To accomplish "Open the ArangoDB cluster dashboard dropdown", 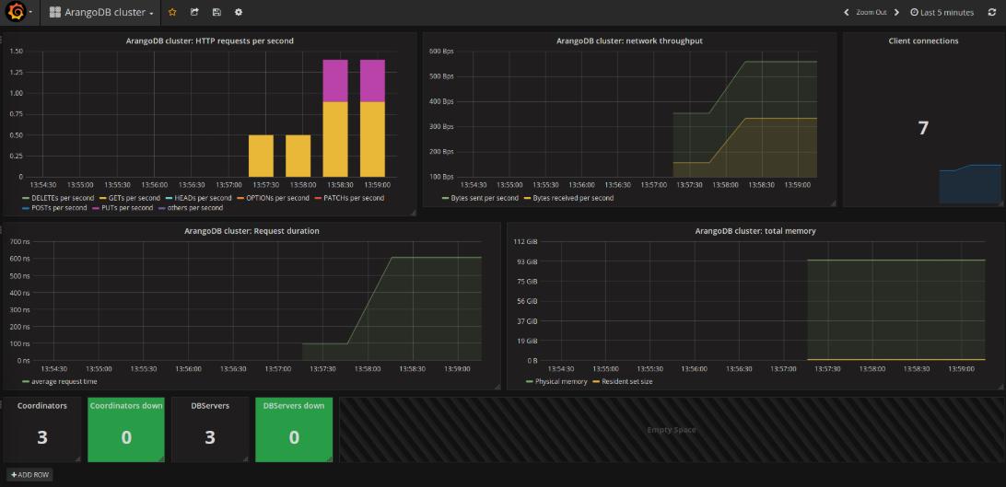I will (x=101, y=13).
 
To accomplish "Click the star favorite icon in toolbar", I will (x=172, y=12).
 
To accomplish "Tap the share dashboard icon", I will (x=194, y=12).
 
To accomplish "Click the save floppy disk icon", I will (x=216, y=12).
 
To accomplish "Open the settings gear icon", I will (x=239, y=12).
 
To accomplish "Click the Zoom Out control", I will (x=871, y=13).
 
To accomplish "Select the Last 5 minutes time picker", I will (x=942, y=13).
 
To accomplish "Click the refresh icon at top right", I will (x=992, y=13).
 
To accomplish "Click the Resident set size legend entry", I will (x=626, y=381).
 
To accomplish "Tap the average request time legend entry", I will (x=64, y=381).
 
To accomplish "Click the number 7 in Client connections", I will (x=923, y=128).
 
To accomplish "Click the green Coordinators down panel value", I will (x=126, y=437).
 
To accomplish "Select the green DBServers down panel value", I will (x=294, y=437).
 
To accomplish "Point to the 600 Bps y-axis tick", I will (x=442, y=52).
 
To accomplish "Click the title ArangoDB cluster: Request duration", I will (x=251, y=231).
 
